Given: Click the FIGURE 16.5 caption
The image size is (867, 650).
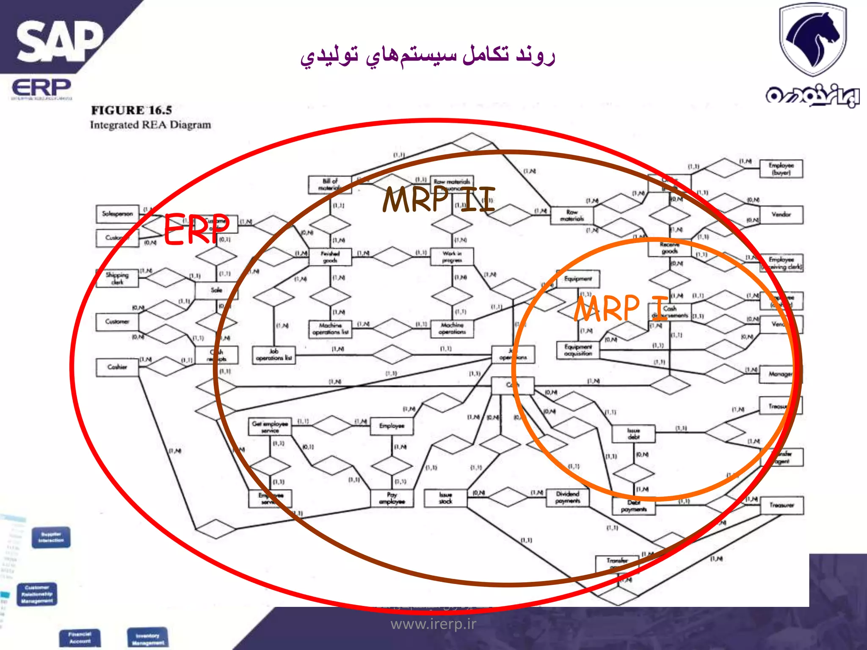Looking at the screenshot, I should point(131,110).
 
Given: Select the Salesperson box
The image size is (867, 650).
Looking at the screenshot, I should point(117,214).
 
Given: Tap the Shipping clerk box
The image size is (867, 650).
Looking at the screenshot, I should point(117,278).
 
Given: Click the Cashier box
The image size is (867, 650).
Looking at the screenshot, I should point(117,367).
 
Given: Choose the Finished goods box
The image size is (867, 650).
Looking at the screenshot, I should point(330,257).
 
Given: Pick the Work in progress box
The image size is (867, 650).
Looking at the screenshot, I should point(452,257).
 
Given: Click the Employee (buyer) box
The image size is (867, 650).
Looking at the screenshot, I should point(781,169).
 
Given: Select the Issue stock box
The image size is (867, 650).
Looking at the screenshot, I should point(445,498).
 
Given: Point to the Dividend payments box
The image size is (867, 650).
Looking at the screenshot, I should point(567,498).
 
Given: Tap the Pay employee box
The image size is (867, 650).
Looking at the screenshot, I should point(392,498).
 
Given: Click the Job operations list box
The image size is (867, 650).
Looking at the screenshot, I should point(274,355).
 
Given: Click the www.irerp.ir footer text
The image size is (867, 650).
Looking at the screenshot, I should point(433,624).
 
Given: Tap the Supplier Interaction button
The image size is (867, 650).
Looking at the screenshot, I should point(51,537).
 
